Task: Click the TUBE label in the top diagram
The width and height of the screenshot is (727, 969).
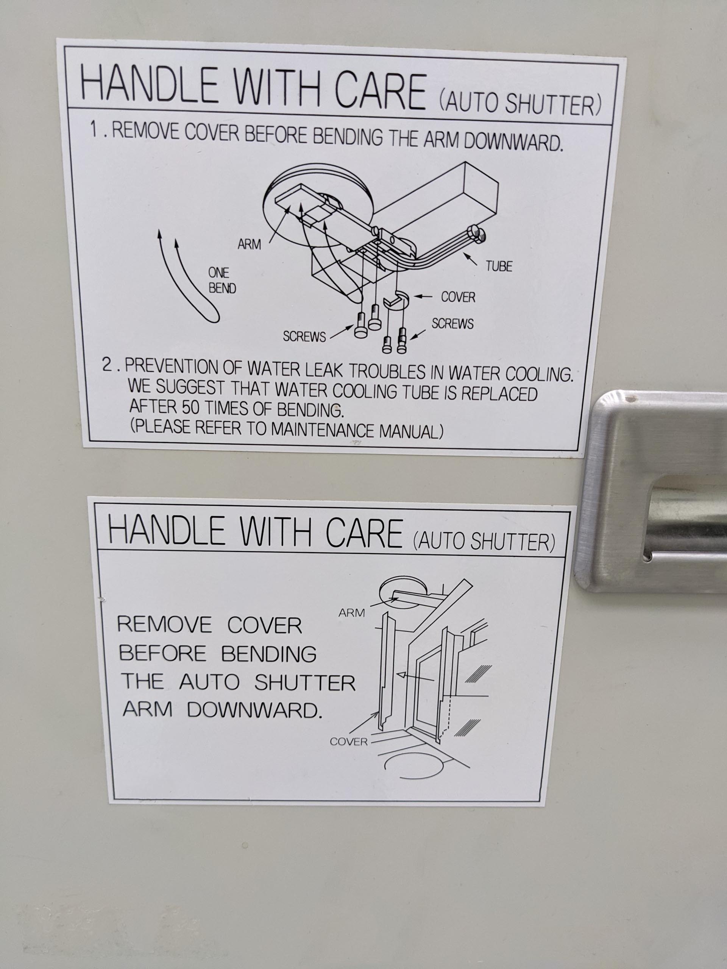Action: (499, 266)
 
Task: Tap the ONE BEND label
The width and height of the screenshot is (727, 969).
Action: (222, 280)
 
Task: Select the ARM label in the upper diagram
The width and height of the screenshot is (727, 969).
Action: (250, 245)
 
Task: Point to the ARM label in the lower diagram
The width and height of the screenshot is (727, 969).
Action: (351, 613)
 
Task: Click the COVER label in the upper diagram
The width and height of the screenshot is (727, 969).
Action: (458, 297)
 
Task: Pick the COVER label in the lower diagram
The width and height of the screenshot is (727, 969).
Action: (349, 742)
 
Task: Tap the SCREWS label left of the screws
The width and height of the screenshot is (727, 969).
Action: (304, 337)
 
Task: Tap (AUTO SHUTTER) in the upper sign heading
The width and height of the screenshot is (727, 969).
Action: (520, 103)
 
